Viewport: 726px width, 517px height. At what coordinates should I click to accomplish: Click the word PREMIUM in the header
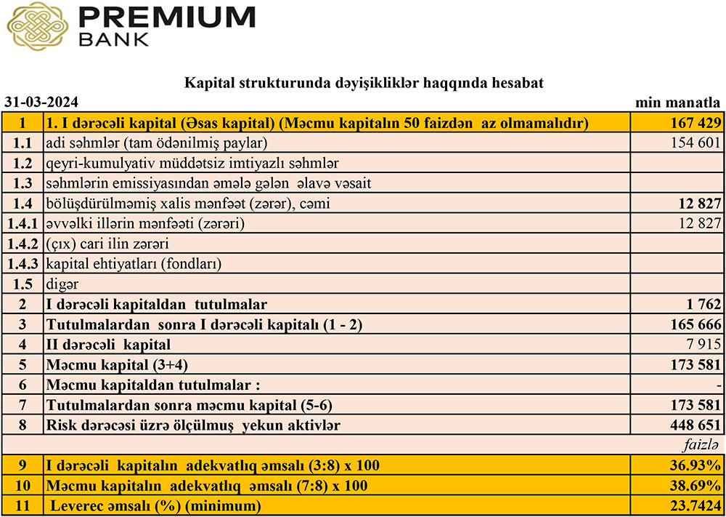tap(168, 17)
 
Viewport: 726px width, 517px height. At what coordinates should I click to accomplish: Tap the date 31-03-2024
tap(41, 102)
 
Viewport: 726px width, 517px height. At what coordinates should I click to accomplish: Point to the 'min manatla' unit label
tap(679, 102)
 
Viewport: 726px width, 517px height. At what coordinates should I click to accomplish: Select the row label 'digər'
tap(62, 284)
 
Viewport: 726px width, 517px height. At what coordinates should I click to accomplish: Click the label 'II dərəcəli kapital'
tap(109, 344)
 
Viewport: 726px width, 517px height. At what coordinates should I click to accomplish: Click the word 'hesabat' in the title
tap(518, 83)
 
